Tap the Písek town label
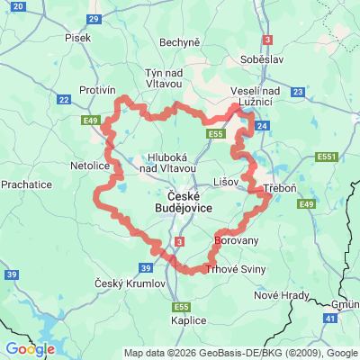pos(78,38)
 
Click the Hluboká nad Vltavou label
pos(162,159)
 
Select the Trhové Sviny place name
pos(236,269)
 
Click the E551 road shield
pos(327,157)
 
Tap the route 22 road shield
pos(64,100)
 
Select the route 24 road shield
pos(260,126)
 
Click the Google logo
pos(30,348)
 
